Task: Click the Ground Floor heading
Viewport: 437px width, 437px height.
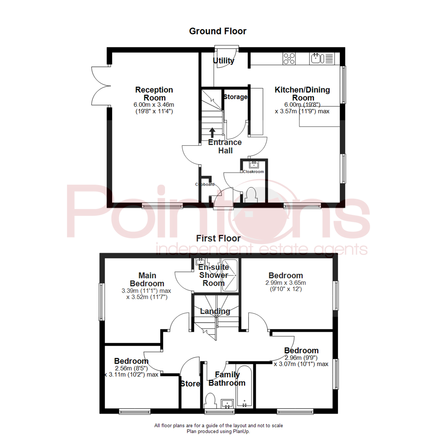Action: [x=218, y=31]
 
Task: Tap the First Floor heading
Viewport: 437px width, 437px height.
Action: [x=218, y=238]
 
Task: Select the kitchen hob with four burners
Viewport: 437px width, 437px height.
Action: [x=289, y=59]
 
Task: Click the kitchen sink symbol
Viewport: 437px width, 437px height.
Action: [x=317, y=59]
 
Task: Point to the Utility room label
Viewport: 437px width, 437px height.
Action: [x=224, y=61]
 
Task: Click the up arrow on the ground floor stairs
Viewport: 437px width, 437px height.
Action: [x=212, y=133]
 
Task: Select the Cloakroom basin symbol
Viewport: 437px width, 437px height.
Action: [x=254, y=164]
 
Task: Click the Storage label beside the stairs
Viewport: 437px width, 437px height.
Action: [x=235, y=97]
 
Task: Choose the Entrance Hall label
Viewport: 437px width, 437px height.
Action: [x=225, y=146]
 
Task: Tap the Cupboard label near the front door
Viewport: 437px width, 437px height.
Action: [x=205, y=185]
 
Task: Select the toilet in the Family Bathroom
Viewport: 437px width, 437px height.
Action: [x=210, y=401]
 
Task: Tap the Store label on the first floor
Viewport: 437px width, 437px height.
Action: [x=190, y=384]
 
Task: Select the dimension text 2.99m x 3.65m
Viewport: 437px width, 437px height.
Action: [x=286, y=282]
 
